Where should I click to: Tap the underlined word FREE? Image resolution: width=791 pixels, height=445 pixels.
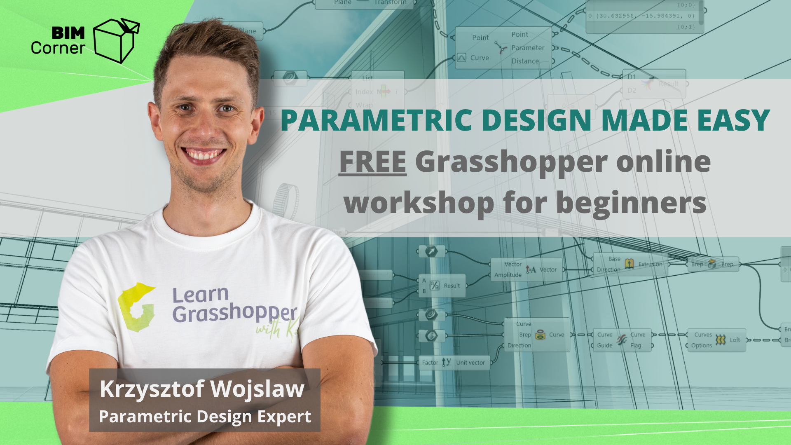point(372,162)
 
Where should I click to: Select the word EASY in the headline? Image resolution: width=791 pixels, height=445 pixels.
point(733,120)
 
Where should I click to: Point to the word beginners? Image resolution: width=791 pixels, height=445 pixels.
point(631,203)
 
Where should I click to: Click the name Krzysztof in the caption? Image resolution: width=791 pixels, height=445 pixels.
point(152,389)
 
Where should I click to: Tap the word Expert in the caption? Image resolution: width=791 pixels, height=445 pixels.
point(284,417)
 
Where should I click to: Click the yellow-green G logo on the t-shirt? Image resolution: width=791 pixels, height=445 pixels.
point(136,307)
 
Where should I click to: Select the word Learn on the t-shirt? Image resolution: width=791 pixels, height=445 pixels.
point(200,295)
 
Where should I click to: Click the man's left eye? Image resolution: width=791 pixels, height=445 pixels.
point(226,108)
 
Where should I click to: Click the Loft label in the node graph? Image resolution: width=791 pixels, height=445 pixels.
point(735,340)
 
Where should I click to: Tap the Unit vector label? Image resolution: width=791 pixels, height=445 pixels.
point(470,363)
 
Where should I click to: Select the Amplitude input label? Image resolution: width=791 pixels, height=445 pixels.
point(508,275)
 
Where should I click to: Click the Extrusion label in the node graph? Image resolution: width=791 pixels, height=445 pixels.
point(651,264)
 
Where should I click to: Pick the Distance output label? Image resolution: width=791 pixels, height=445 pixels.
point(525,61)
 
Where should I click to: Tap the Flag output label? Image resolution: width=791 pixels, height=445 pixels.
point(636,345)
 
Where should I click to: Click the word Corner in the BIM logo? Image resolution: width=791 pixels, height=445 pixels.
point(58,48)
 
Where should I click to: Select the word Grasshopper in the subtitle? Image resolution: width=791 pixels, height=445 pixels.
point(511,162)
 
